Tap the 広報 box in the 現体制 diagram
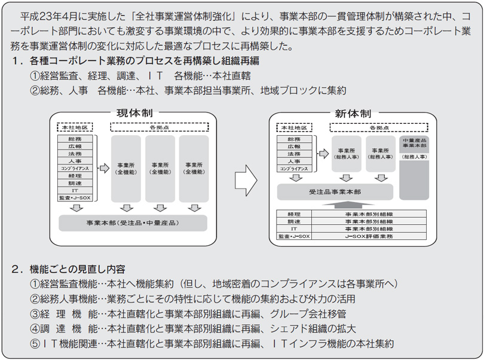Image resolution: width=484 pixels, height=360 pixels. pos(75,146)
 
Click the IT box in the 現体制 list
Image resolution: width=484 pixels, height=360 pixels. pos(75,190)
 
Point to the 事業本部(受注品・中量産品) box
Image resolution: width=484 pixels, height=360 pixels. pos(133,222)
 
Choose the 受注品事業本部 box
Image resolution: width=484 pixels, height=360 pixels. pos(335,192)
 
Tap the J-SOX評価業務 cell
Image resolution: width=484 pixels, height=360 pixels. pos(369,236)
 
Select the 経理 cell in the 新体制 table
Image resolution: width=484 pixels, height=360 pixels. pos(293,213)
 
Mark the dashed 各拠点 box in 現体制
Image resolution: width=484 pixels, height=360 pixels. pos(159,127)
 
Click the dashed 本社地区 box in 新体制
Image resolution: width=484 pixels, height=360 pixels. pos(295,127)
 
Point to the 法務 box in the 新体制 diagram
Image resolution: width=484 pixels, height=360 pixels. pos(294,154)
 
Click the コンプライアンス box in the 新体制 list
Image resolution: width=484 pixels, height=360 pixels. pos(294,169)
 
